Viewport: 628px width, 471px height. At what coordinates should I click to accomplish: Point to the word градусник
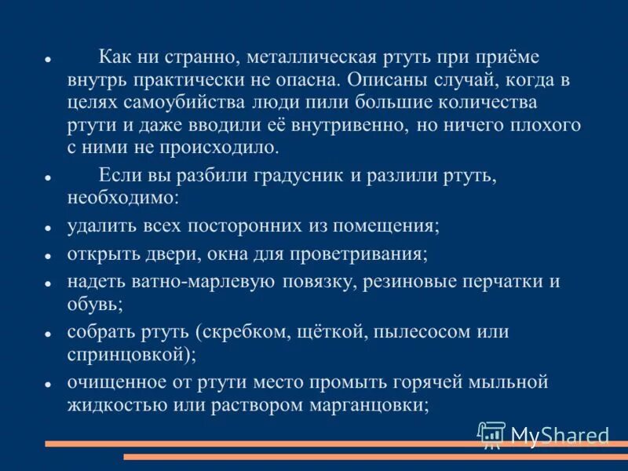click(x=295, y=175)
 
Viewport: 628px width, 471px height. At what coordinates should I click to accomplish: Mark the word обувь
click(x=93, y=305)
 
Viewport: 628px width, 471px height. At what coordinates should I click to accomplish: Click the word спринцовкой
click(x=130, y=354)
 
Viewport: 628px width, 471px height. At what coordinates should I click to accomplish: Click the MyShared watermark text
click(x=560, y=436)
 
